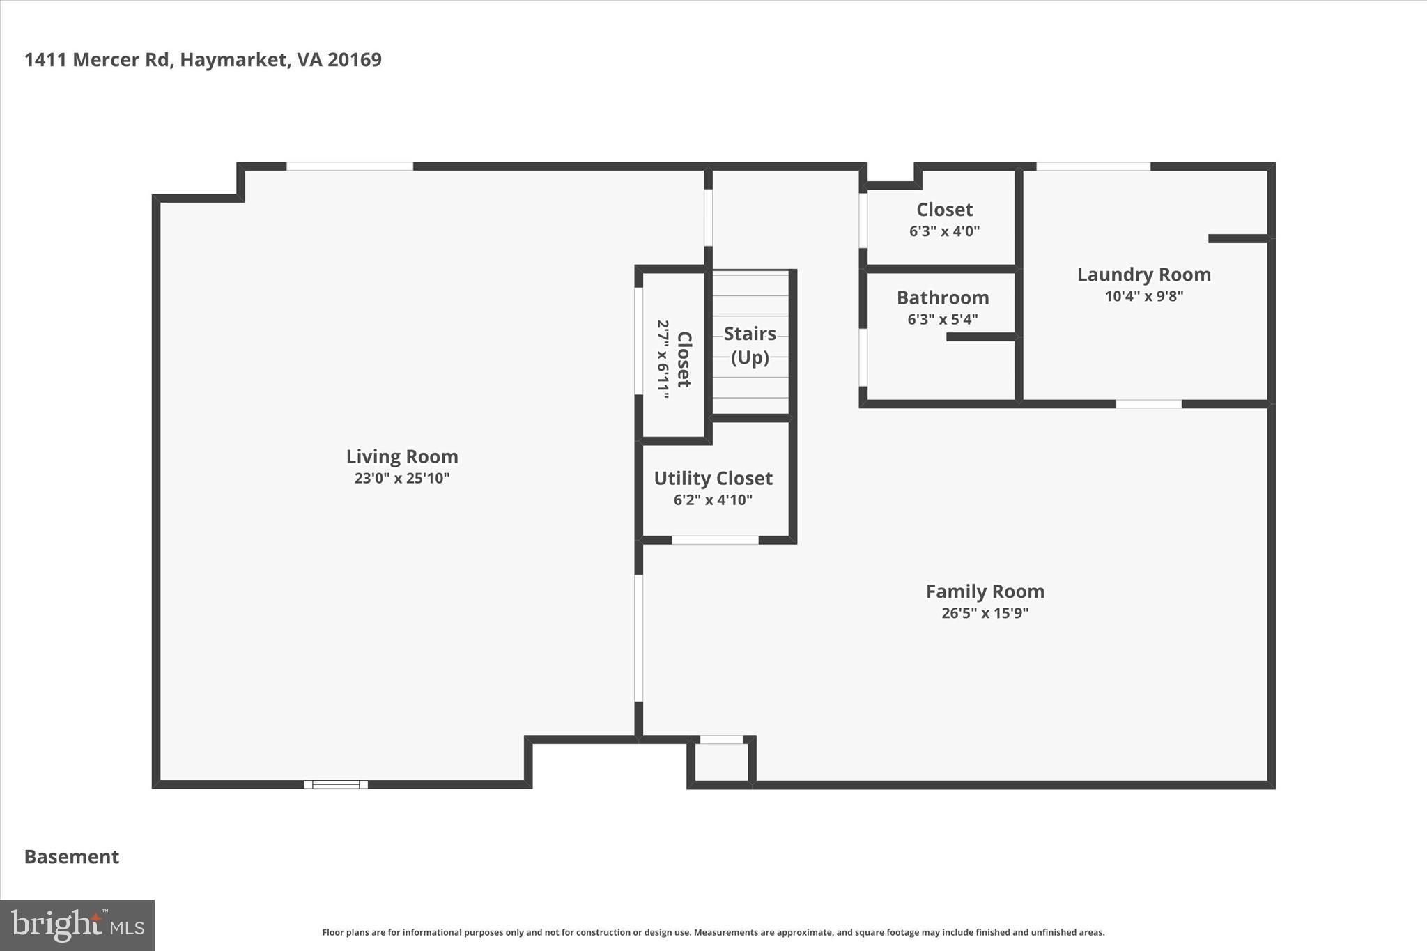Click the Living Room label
(402, 456)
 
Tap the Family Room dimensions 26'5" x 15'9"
(985, 613)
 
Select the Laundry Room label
(1143, 275)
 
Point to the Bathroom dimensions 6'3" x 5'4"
(942, 319)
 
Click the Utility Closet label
(713, 478)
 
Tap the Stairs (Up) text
(750, 345)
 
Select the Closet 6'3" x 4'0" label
(944, 219)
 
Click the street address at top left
(203, 60)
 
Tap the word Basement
(72, 856)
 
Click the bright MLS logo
(77, 925)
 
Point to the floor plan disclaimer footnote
(713, 932)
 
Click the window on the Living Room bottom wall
(336, 784)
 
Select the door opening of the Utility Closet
(715, 540)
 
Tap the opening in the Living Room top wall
(350, 167)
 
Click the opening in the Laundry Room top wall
(1093, 167)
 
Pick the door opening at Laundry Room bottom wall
(1148, 404)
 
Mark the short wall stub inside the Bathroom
(981, 337)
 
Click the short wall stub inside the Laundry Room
(1237, 239)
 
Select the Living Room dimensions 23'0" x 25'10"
(402, 478)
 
